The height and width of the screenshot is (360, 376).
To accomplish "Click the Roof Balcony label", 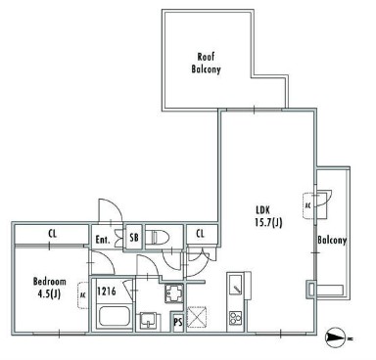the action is pyautogui.click(x=206, y=63).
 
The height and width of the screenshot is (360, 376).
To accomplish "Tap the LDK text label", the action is pyautogui.click(x=262, y=210).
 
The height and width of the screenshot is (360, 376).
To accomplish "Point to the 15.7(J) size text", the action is pyautogui.click(x=268, y=223).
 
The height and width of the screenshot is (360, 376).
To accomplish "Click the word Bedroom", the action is pyautogui.click(x=50, y=282).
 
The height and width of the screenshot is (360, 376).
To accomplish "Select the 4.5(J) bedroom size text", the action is pyautogui.click(x=49, y=294).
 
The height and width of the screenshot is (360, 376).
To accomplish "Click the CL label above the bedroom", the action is pyautogui.click(x=52, y=234).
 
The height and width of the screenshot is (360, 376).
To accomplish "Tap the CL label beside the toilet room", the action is pyautogui.click(x=201, y=234).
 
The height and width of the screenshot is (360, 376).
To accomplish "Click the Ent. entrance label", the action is pyautogui.click(x=103, y=240).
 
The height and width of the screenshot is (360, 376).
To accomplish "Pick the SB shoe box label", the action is pyautogui.click(x=134, y=238).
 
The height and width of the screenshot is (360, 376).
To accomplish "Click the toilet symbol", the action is pyautogui.click(x=157, y=236).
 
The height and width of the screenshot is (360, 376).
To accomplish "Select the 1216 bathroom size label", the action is pyautogui.click(x=107, y=291).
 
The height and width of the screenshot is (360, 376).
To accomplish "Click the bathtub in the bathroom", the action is pyautogui.click(x=115, y=316).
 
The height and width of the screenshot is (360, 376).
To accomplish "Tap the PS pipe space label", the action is pyautogui.click(x=178, y=323).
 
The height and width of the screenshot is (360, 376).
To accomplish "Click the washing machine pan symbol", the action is pyautogui.click(x=174, y=293).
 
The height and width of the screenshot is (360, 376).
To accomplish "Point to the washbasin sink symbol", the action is pyautogui.click(x=150, y=321).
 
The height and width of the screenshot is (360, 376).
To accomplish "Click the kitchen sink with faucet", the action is pyautogui.click(x=236, y=285).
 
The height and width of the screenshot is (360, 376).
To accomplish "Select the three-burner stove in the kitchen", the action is pyautogui.click(x=236, y=318).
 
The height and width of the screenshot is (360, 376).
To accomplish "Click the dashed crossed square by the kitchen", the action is pyautogui.click(x=197, y=317).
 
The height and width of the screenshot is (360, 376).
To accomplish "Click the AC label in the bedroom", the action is pyautogui.click(x=83, y=295).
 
